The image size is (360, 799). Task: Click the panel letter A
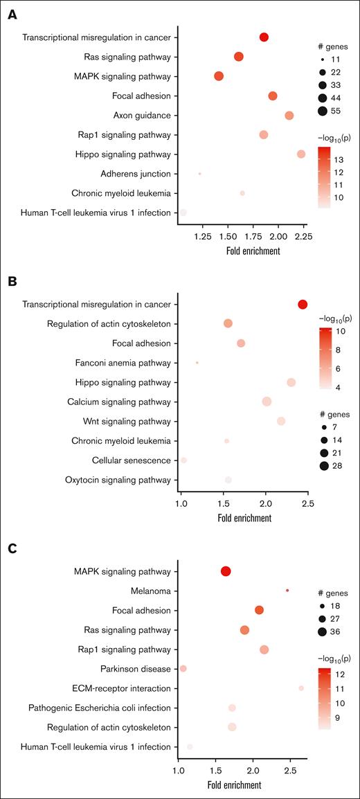point(12,13)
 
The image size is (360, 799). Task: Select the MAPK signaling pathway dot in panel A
point(219,76)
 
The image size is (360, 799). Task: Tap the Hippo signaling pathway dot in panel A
point(301,154)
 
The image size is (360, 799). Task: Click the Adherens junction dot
point(200,174)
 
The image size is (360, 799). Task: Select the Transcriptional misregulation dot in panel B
point(303,304)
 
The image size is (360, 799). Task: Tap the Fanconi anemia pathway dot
point(197,362)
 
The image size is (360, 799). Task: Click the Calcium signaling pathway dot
point(267,402)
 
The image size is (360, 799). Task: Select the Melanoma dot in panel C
point(287,590)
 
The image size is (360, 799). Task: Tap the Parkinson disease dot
point(183,668)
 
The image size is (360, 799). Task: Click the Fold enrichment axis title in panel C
point(234,784)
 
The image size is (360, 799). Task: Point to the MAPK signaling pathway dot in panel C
point(226,571)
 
